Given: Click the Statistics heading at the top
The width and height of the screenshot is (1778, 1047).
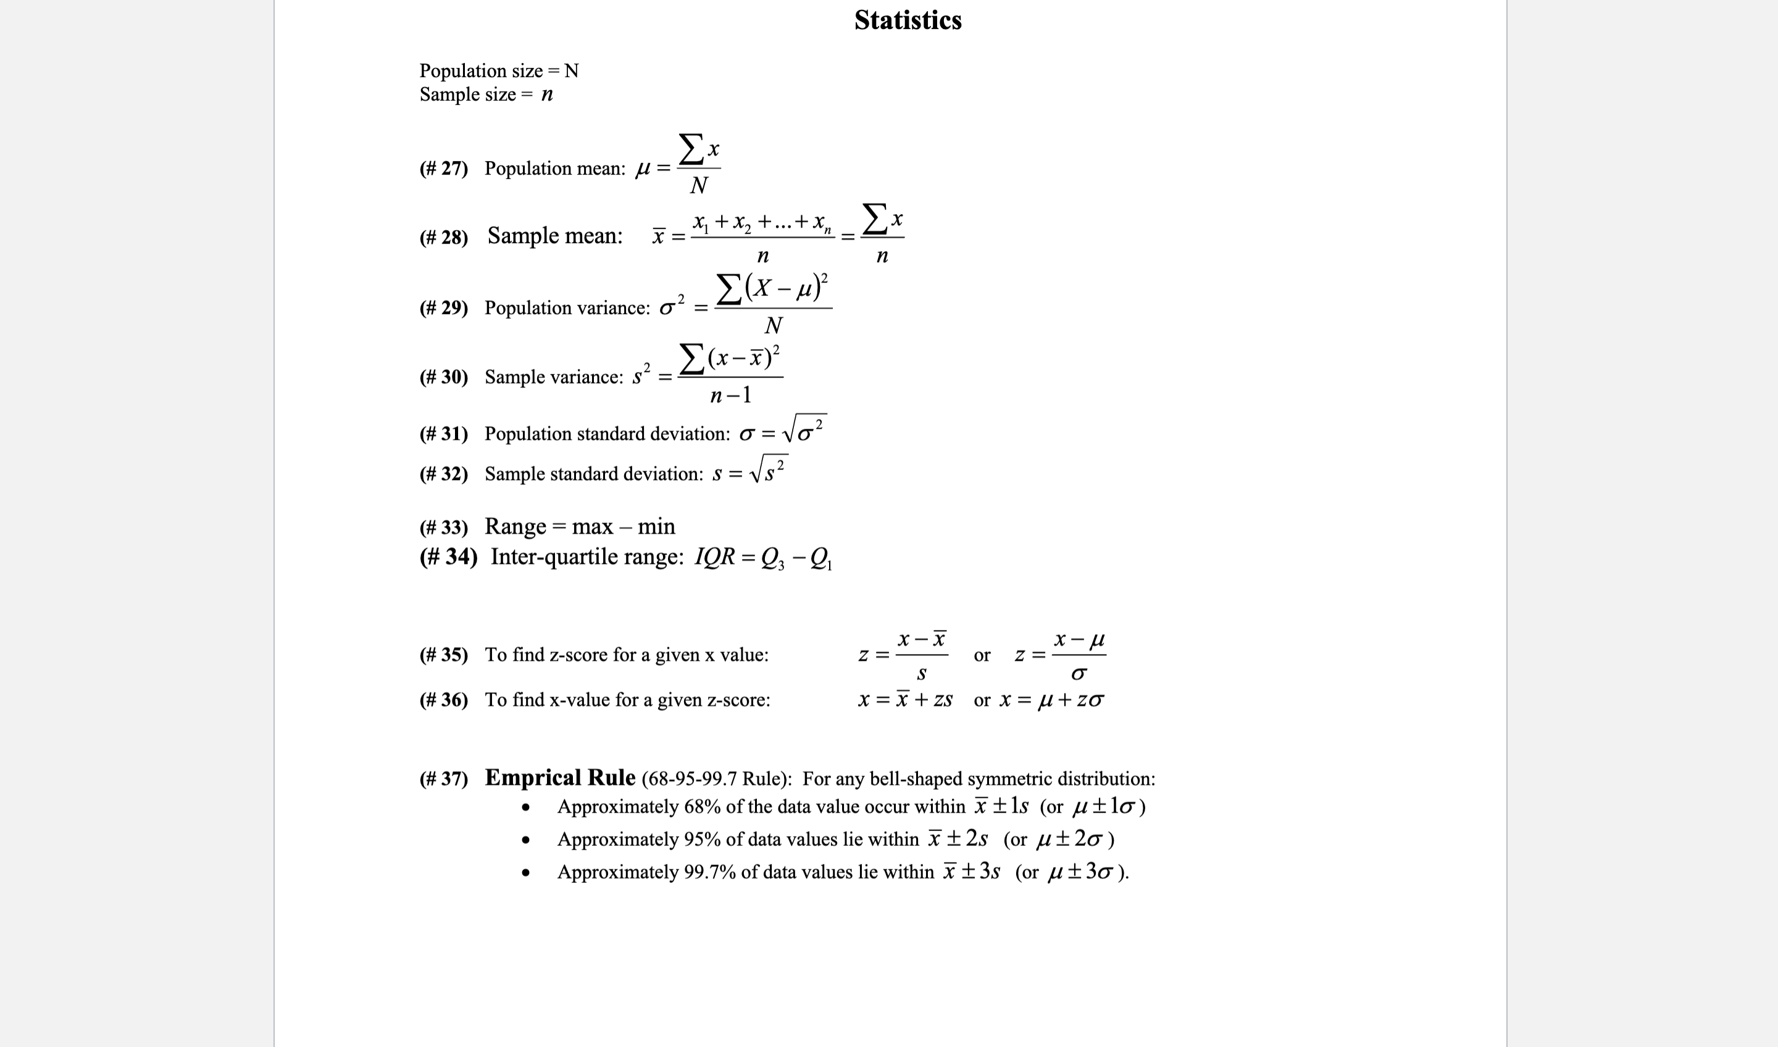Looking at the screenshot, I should pos(907,20).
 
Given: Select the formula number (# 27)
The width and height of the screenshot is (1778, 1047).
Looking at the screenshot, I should pos(443,168).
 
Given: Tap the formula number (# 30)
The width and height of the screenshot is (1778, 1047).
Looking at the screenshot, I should pos(443,377).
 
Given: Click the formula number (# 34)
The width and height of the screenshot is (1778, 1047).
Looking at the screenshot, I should pos(448,557).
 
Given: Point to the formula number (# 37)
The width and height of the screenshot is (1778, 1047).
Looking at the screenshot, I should pos(443,779).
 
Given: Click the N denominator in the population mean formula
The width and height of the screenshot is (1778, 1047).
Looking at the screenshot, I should pos(699,186).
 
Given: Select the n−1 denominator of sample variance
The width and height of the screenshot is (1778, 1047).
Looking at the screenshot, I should pos(730,395).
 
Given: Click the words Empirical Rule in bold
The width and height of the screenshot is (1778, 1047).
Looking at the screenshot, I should pos(560,777).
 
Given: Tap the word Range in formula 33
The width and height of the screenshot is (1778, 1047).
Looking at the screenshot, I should pos(515,526).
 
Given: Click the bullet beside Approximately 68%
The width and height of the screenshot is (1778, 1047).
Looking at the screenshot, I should pos(525,808).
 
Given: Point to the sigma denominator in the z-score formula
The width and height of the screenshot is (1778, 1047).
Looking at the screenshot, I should pos(1078,674).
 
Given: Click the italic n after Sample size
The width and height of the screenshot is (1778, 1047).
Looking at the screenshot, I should pos(547,94).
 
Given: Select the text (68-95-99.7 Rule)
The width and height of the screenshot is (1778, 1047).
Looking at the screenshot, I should pos(716,779).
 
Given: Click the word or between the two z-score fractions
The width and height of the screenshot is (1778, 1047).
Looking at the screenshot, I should pos(981,655).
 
